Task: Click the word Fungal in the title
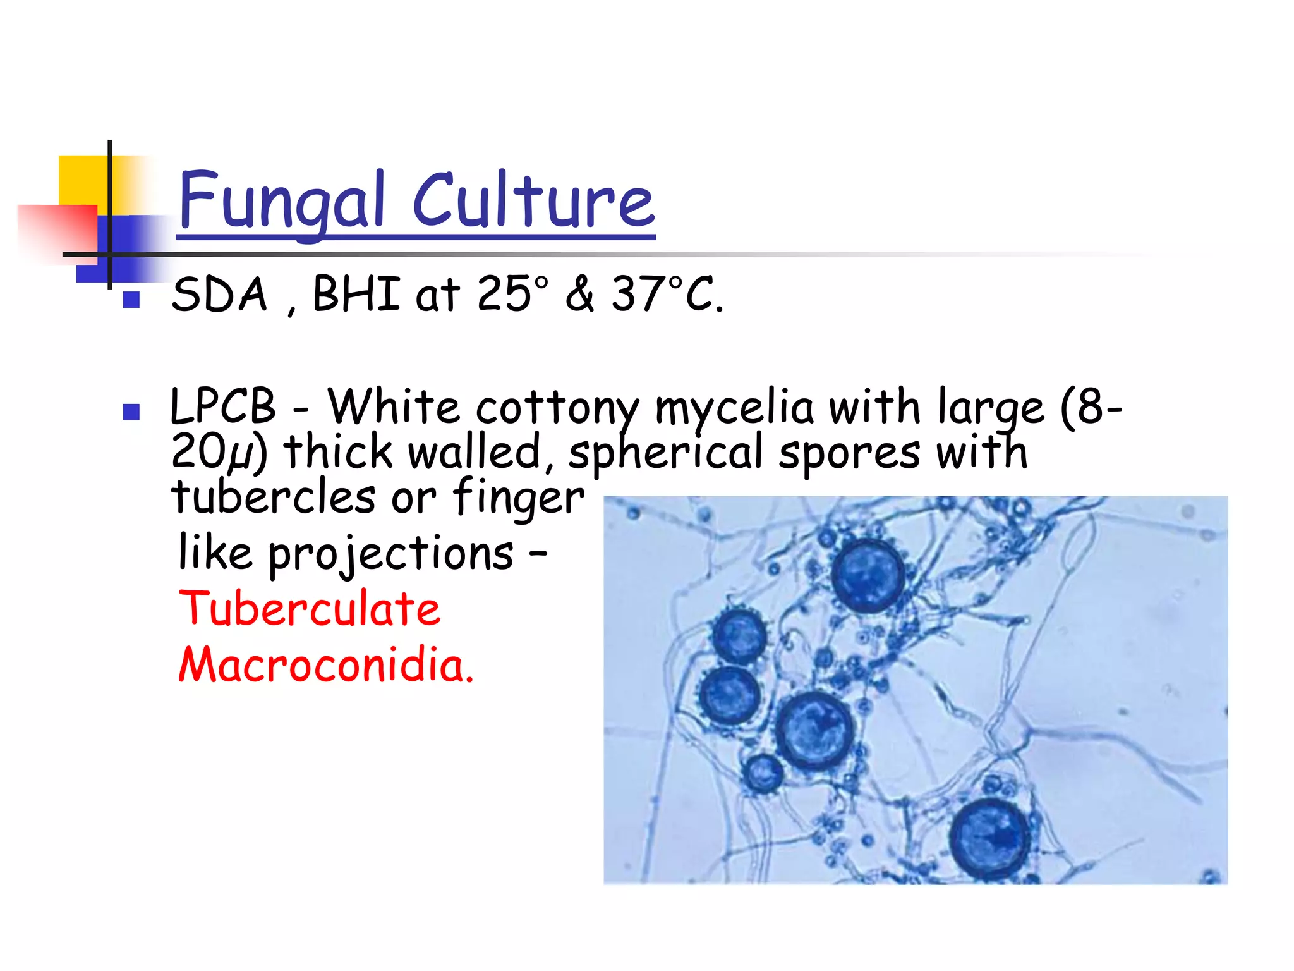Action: [x=281, y=201]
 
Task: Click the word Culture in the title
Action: [x=534, y=201]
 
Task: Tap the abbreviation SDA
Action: [x=219, y=295]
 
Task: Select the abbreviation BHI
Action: [x=356, y=295]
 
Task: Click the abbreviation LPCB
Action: [x=223, y=406]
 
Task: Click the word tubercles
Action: [x=274, y=497]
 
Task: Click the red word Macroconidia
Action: [x=325, y=666]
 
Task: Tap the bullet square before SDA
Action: [x=131, y=300]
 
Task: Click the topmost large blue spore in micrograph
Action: [x=868, y=576]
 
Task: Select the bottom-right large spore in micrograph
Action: [x=989, y=838]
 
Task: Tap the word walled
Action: [x=475, y=453]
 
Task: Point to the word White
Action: [x=394, y=406]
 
